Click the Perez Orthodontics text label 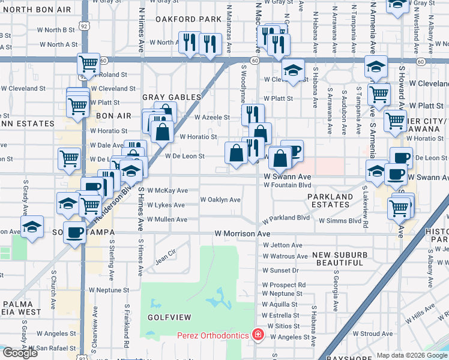[x=212, y=335]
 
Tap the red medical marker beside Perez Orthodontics [x=258, y=334]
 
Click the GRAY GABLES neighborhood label [x=171, y=97]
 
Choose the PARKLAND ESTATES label [x=330, y=200]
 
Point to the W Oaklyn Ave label [x=220, y=199]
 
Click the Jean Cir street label [x=167, y=260]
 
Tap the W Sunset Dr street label [x=281, y=271]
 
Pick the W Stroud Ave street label [x=373, y=334]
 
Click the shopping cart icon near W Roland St [x=88, y=64]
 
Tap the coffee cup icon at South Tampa [x=75, y=232]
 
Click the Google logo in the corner [x=20, y=353]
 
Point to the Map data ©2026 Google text [x=412, y=355]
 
